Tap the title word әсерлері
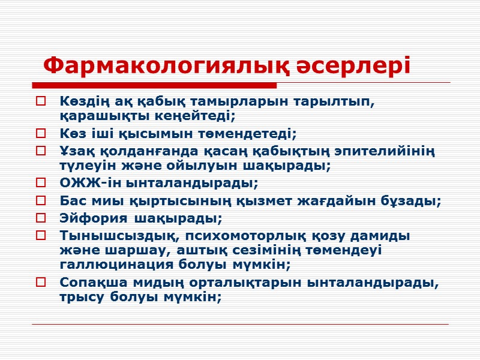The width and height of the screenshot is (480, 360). pyautogui.click(x=355, y=65)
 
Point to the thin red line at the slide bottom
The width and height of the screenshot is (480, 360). pyautogui.click(x=240, y=325)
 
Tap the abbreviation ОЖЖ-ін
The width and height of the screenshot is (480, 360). pyautogui.click(x=89, y=182)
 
